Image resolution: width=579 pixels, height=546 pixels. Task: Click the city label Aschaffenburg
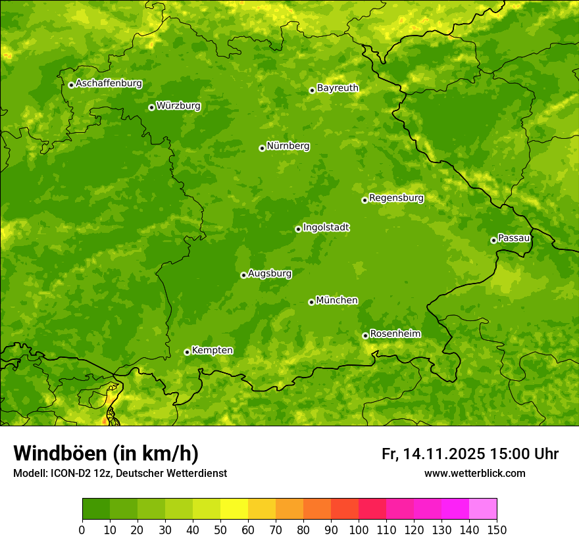point(109,84)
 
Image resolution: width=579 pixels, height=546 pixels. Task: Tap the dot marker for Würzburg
point(151,107)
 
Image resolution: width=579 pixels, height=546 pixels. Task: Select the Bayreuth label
point(338,88)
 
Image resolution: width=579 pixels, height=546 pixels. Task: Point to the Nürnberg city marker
point(262,148)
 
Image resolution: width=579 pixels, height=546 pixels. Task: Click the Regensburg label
point(396,198)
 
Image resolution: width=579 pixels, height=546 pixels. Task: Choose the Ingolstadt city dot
point(298,229)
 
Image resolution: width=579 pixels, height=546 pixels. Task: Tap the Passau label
point(514,238)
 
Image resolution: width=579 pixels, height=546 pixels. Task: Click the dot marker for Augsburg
point(243,275)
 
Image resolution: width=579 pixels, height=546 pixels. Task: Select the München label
point(337,301)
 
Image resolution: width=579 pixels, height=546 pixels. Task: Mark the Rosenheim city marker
point(365,335)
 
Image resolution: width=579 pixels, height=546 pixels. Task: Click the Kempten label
point(212,351)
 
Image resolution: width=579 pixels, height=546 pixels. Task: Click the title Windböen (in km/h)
point(105,454)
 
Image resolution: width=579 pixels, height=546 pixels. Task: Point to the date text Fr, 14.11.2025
point(434,454)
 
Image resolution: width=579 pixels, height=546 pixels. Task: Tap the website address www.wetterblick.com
point(474,474)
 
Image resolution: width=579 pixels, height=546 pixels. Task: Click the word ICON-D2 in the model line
point(68,474)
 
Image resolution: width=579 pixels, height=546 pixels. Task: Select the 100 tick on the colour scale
point(358,530)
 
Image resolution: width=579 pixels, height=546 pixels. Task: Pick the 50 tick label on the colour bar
point(220,530)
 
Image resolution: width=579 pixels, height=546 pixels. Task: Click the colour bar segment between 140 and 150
point(483,509)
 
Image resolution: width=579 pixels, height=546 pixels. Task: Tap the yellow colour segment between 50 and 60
point(234,509)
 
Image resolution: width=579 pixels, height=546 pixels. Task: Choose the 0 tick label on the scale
point(82,530)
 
